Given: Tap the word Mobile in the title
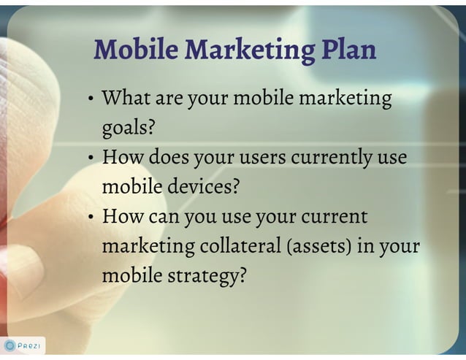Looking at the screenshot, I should click(137, 50).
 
